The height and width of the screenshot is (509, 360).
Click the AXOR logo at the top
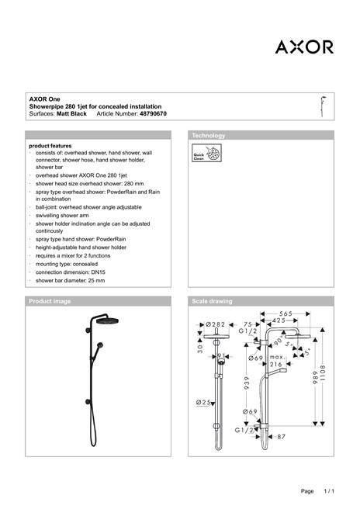pyautogui.click(x=304, y=47)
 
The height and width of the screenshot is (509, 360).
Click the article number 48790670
pyautogui.click(x=153, y=113)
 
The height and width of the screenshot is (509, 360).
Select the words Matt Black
pyautogui.click(x=71, y=113)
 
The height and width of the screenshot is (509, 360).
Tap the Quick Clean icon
pyautogui.click(x=206, y=153)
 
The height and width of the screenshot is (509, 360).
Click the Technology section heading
pyautogui.click(x=209, y=135)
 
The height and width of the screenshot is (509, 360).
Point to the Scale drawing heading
pyautogui.click(x=212, y=301)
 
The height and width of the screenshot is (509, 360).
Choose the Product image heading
pyautogui.click(x=50, y=301)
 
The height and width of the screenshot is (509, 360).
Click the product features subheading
pyautogui.click(x=50, y=146)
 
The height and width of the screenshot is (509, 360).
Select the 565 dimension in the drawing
pyautogui.click(x=286, y=313)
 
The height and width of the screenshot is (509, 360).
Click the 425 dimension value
pyautogui.click(x=279, y=320)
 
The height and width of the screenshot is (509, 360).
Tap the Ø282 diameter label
pyautogui.click(x=216, y=324)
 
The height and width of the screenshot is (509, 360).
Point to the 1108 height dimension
pyautogui.click(x=322, y=373)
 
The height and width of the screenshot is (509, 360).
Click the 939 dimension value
pyautogui.click(x=247, y=383)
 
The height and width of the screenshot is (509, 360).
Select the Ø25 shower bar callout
pyautogui.click(x=203, y=402)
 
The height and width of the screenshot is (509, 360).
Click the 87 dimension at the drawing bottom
pyautogui.click(x=281, y=437)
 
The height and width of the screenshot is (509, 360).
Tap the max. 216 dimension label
pyautogui.click(x=277, y=361)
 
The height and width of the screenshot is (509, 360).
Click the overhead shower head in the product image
pyautogui.click(x=107, y=320)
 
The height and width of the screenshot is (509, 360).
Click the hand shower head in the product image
pyautogui.click(x=100, y=345)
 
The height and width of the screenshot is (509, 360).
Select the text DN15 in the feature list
pyautogui.click(x=98, y=272)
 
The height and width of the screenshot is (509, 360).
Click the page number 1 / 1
pyautogui.click(x=329, y=491)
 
